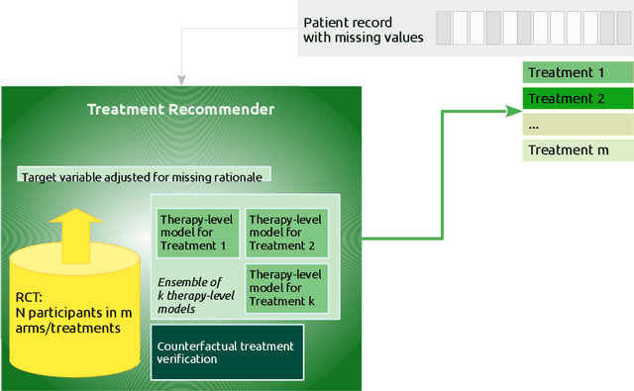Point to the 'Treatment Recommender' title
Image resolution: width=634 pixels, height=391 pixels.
click(x=180, y=110)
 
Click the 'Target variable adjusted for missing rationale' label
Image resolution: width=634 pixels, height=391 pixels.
click(x=145, y=176)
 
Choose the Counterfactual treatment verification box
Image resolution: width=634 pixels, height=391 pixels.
click(x=228, y=352)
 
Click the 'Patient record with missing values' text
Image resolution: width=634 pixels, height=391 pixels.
click(x=363, y=30)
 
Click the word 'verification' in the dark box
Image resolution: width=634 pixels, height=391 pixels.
click(x=189, y=360)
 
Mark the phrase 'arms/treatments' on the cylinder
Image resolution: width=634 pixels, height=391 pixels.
click(x=64, y=328)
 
